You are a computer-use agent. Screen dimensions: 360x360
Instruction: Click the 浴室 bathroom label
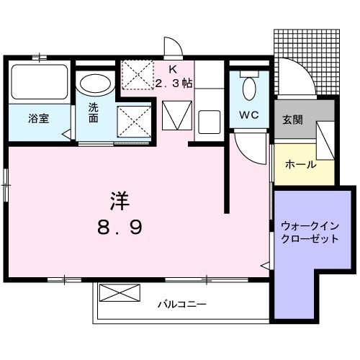[x=39, y=119]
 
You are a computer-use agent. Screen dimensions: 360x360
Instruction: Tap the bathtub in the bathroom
[x=40, y=82]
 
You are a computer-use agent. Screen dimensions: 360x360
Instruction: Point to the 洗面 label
[x=94, y=113]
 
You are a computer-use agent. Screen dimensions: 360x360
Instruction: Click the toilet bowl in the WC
[x=250, y=89]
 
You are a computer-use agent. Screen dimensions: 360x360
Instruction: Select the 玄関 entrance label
[x=293, y=120]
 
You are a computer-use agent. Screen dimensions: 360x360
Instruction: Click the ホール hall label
[x=300, y=165]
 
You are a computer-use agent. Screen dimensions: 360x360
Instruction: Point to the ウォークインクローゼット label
[x=310, y=232]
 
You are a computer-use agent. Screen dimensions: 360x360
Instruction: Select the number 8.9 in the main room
[x=120, y=228]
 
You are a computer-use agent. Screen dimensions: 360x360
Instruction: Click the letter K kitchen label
[x=173, y=69]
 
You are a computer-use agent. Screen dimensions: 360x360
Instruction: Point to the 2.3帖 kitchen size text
[x=174, y=84]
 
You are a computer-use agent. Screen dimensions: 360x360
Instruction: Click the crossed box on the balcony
[x=118, y=293]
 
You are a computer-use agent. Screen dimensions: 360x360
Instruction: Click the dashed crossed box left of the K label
[x=137, y=73]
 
